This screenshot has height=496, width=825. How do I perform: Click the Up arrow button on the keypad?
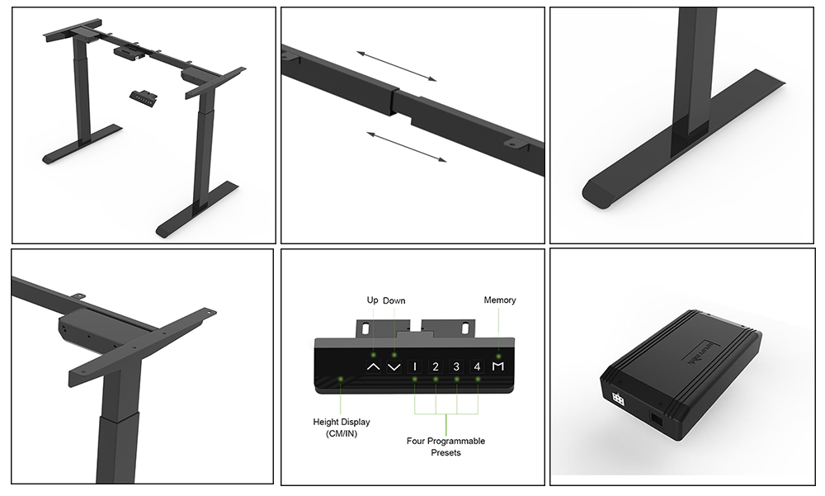[x=373, y=366]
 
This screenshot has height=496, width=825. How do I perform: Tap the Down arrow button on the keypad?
[x=394, y=366]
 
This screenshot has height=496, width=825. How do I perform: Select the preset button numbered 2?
[x=436, y=366]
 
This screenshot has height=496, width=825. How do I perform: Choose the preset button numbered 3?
[x=456, y=366]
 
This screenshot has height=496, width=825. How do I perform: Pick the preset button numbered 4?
[x=477, y=366]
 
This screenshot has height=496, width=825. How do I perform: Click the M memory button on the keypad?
[x=497, y=366]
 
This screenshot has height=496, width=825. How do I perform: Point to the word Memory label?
[x=500, y=300]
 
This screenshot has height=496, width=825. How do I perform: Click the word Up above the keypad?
[x=372, y=300]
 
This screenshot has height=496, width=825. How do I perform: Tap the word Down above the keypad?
[x=394, y=300]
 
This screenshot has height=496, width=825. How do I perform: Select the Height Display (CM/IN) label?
[x=342, y=428]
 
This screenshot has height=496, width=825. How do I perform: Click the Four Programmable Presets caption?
[x=445, y=446]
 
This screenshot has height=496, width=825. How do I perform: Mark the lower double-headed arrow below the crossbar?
[x=406, y=145]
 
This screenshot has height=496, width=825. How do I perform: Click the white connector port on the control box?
[x=617, y=399]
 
